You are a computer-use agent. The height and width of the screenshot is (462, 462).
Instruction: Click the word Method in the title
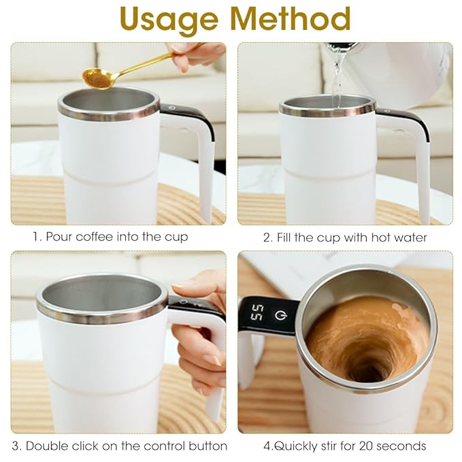(291, 20)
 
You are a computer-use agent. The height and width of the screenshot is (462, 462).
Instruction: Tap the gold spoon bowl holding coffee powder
(97, 78)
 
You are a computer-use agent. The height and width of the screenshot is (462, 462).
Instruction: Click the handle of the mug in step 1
(200, 156)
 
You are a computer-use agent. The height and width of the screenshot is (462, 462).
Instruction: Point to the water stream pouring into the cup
(337, 78)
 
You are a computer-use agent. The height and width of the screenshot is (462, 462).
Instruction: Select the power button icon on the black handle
(280, 315)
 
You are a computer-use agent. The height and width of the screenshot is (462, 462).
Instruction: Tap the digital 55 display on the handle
(257, 315)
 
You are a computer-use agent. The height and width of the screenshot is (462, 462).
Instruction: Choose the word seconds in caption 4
(401, 446)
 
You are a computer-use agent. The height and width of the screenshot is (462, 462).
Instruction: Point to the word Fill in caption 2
(285, 237)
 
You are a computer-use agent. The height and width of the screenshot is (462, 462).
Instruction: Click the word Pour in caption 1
(58, 237)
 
